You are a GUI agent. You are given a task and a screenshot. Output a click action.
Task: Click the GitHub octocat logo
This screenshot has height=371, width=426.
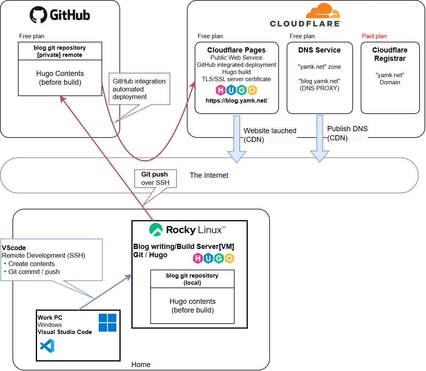tap(39, 15)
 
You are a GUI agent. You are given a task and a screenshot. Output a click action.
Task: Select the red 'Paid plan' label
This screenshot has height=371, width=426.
tap(374, 36)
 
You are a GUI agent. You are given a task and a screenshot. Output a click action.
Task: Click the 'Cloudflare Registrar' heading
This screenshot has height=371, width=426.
tap(390, 54)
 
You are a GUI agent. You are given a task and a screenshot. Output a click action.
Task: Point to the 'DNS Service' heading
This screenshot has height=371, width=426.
tap(319, 50)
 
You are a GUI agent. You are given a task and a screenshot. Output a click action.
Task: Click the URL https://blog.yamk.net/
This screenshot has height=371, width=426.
tap(236, 101)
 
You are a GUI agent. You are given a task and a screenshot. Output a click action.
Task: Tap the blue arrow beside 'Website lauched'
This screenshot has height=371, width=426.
tap(236, 139)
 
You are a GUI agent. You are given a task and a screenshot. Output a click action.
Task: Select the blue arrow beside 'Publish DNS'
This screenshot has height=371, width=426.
tap(319, 139)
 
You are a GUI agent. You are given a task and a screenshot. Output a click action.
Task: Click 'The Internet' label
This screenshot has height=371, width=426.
tap(209, 175)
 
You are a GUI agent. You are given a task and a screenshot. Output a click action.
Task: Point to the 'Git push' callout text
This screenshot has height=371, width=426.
tap(154, 174)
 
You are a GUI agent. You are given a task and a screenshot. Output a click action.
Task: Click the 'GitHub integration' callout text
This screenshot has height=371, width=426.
tap(139, 81)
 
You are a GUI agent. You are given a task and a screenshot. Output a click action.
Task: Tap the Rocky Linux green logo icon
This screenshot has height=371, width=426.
tap(156, 229)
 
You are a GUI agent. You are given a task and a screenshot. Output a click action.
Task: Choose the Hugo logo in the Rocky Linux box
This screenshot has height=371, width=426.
tap(214, 258)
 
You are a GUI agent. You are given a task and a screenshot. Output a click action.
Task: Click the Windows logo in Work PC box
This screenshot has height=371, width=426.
tap(107, 322)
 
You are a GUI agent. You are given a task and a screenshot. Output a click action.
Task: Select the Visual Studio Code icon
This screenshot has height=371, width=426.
tap(47, 346)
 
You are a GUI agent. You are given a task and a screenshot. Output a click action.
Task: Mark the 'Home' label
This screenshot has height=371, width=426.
tap(141, 364)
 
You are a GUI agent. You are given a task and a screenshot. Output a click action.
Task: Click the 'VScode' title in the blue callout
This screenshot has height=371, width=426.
tap(14, 248)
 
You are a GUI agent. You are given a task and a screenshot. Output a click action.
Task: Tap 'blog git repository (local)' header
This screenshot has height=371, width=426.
tap(192, 279)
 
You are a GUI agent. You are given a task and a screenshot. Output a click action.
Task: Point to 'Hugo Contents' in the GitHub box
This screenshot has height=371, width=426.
tap(60, 74)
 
